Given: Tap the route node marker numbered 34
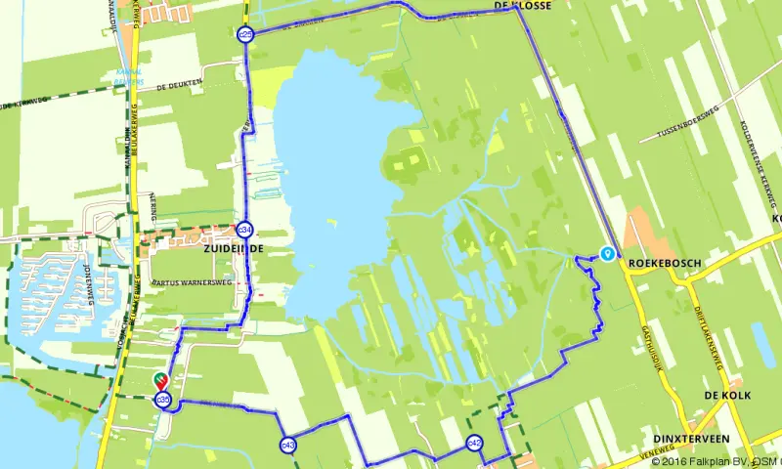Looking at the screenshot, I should (x=245, y=230).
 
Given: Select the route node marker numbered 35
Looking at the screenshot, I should (x=164, y=400).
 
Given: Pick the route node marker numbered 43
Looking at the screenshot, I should (x=287, y=445).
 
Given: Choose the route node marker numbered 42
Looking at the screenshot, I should (x=474, y=444).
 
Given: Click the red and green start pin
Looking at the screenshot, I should (x=160, y=381).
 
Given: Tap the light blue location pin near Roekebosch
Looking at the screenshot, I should (x=608, y=253).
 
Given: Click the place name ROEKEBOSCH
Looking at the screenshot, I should (x=665, y=262).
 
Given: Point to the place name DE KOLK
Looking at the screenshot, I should (x=725, y=395).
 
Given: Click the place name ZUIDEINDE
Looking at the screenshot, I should (x=234, y=249).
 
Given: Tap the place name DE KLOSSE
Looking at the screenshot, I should (x=523, y=6).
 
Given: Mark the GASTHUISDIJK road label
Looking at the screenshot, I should (x=651, y=326).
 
